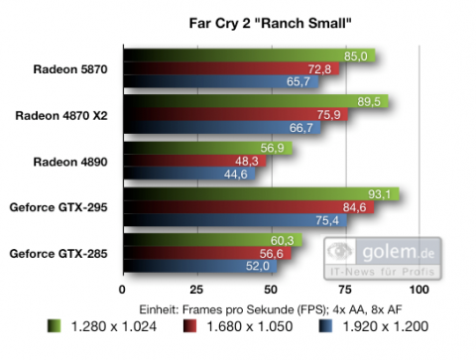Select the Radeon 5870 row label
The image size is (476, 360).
(x=70, y=69)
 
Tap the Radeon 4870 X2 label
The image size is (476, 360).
(x=61, y=115)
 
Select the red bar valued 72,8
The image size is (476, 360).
(x=228, y=69)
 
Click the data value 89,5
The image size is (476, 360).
(x=371, y=101)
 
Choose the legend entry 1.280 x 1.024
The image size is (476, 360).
(x=93, y=324)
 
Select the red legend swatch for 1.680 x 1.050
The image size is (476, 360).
(x=188, y=324)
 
